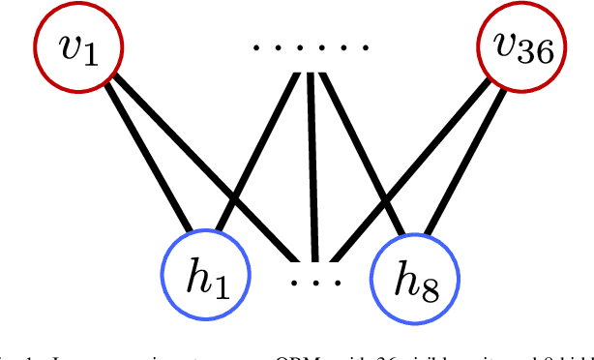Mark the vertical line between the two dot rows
point(312,165)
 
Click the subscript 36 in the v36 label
point(537,56)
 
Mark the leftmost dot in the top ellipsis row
point(255,47)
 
